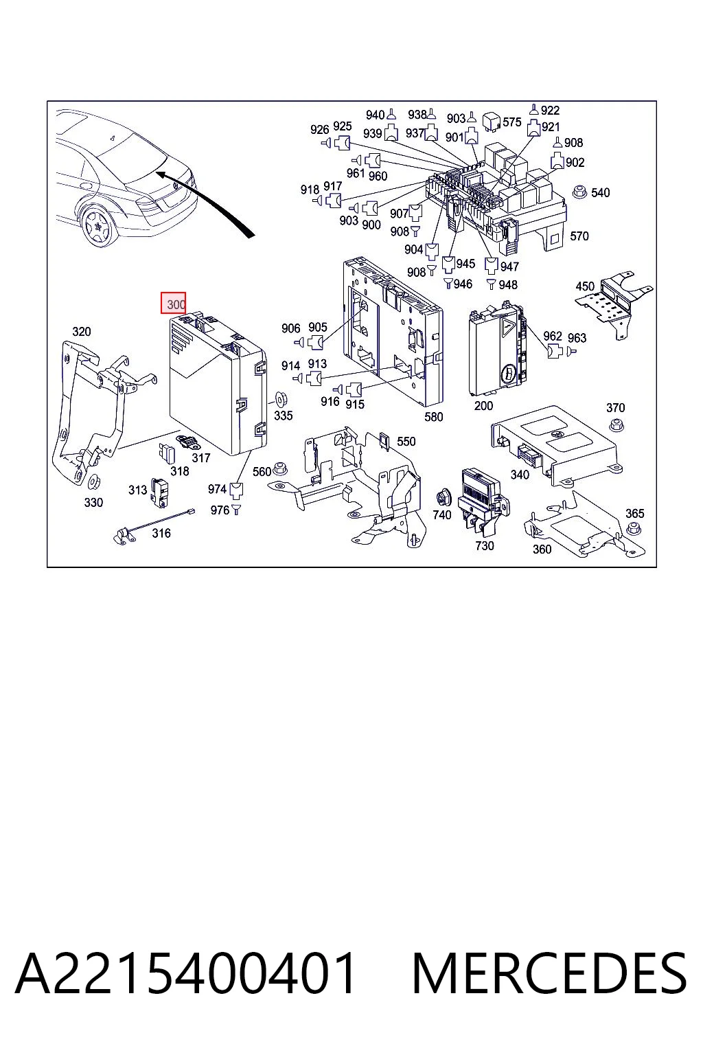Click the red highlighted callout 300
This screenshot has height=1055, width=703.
(173, 303)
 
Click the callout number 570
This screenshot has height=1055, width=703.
(579, 236)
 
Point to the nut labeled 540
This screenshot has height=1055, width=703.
(579, 192)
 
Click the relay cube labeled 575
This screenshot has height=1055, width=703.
(491, 122)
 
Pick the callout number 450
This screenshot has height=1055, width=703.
(585, 286)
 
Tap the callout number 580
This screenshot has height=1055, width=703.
(434, 416)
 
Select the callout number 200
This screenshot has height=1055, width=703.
(483, 405)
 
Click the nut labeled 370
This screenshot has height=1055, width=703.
(616, 424)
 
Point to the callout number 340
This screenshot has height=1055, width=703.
(520, 475)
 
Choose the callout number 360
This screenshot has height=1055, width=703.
(542, 549)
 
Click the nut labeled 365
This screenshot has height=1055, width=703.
(634, 529)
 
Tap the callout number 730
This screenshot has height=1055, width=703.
(485, 545)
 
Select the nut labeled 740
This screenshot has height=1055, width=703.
(443, 497)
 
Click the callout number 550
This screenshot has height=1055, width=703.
(406, 442)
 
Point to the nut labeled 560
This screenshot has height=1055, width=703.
(281, 469)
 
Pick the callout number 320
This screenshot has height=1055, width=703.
(82, 332)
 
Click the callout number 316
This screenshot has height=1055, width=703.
(161, 533)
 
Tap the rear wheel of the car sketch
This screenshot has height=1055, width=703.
(99, 227)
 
